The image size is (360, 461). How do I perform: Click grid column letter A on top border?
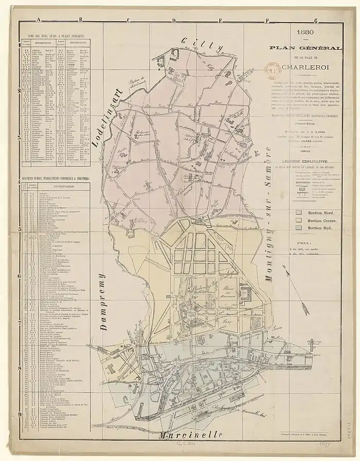[x=39, y=21]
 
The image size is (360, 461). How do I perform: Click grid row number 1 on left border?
[x=19, y=45]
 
